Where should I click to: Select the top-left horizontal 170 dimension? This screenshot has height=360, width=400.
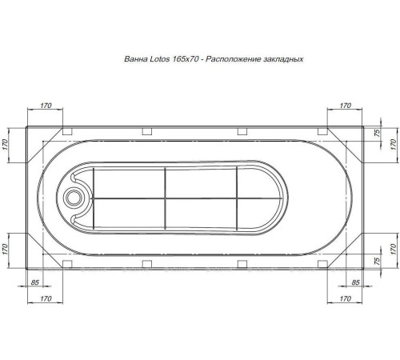pos(45,106)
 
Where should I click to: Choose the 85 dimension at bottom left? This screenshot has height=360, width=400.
pos(36,282)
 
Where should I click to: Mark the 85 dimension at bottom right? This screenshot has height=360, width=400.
pos(354,282)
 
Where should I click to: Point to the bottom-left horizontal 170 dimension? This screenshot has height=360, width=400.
pos(45,298)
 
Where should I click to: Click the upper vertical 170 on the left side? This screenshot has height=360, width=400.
pos(6,144)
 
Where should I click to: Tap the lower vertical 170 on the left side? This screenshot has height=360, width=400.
pos(6,247)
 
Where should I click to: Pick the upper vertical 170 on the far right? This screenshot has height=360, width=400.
pos(393,144)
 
